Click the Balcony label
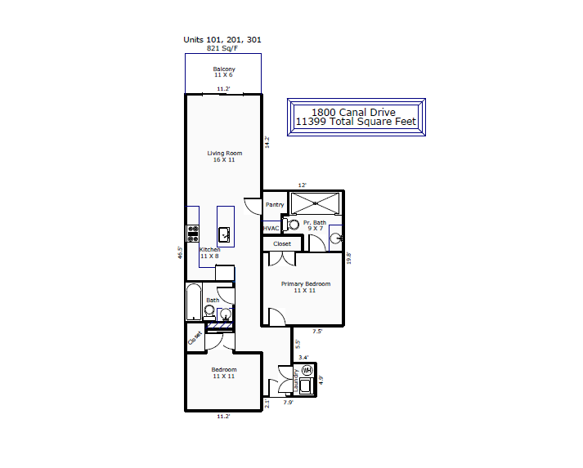pos(224,69)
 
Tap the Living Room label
pos(225,153)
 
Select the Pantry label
pos(275,205)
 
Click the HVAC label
pos(271,229)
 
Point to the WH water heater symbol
pos(307,370)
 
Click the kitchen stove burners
pos(193,234)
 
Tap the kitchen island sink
pos(224,234)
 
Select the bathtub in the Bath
pos(194,301)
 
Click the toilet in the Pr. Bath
pos(291,225)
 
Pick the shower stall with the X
pos(315,203)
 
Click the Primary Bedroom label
pos(306,283)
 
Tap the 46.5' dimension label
pos(181,252)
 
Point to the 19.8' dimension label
pos(349,258)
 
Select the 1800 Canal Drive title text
pos(353,112)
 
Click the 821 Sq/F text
pos(222,48)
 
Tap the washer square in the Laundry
pos(307,386)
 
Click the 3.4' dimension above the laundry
pos(303,357)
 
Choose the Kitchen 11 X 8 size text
pos(209,256)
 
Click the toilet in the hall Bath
pos(209,312)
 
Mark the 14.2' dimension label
pos(267,142)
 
